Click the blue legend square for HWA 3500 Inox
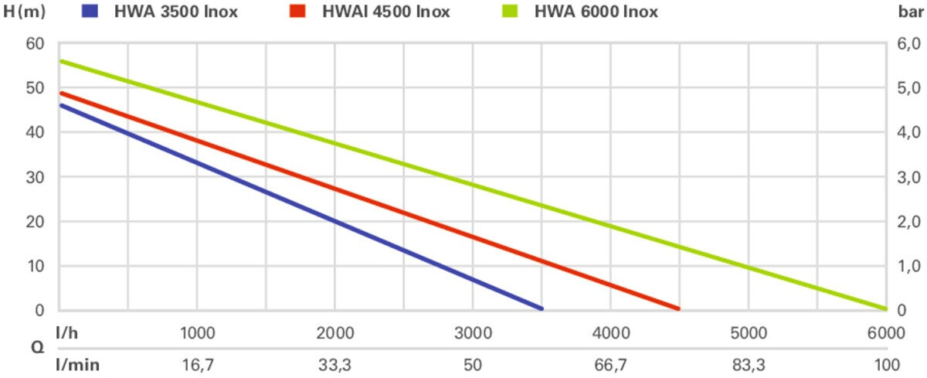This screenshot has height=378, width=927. [90, 12]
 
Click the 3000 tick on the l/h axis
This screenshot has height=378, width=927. [473, 333]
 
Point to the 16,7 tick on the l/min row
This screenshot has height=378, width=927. [198, 364]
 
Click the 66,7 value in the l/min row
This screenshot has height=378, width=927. [610, 364]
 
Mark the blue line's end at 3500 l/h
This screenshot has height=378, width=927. [541, 308]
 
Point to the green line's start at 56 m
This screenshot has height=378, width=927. [61, 61]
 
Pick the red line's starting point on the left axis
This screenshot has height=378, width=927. [61, 93]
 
